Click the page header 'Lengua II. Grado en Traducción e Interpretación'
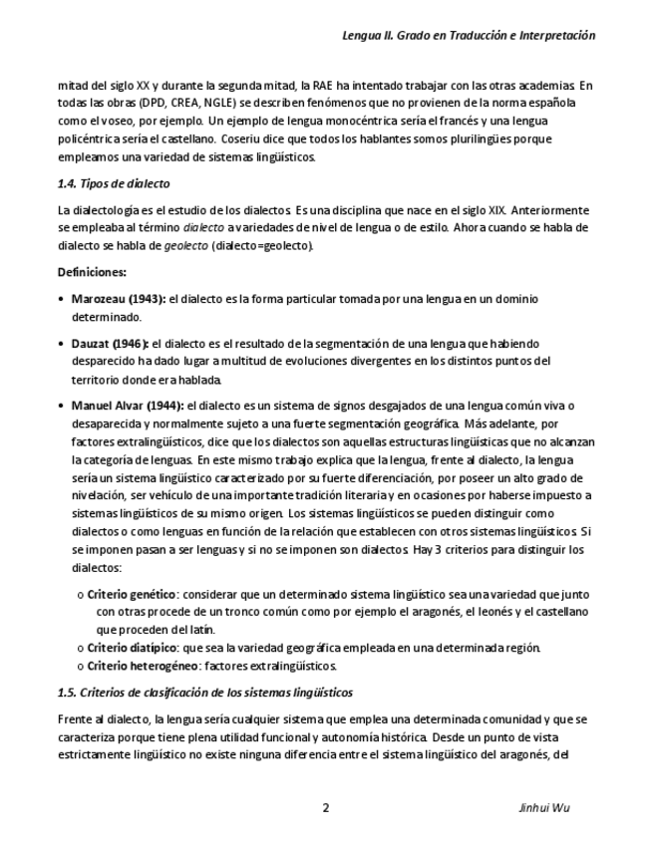[x=469, y=35]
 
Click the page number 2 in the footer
[x=325, y=807]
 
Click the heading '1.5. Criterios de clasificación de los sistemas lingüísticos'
[x=204, y=692]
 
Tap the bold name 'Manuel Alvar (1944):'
[x=128, y=406]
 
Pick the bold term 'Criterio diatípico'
[x=127, y=648]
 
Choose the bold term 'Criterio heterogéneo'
[x=135, y=666]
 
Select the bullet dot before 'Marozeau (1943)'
[x=63, y=299]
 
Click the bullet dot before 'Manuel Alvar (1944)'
[x=63, y=407]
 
